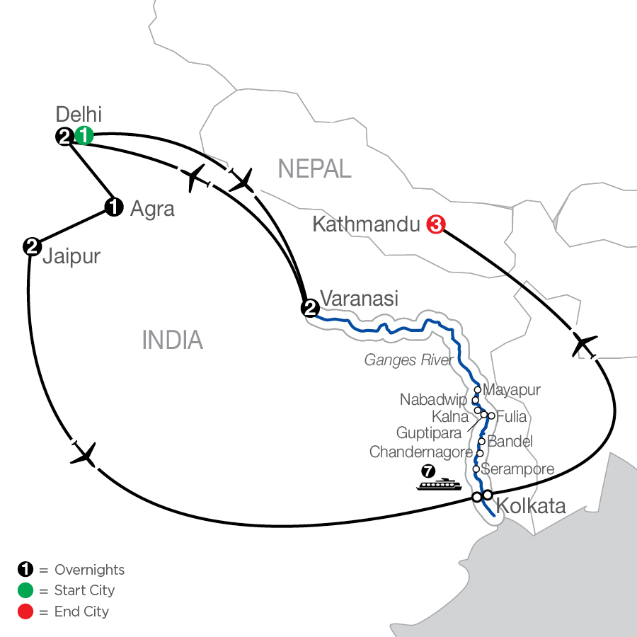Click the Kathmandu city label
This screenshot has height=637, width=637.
[366, 225]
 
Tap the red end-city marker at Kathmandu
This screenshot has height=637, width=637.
[436, 225]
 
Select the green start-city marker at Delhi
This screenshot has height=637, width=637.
[84, 136]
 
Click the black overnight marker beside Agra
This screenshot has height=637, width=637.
[113, 207]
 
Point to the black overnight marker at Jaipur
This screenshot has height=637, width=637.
[31, 246]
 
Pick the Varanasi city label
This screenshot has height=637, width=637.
[359, 298]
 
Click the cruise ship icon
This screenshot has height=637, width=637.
[438, 484]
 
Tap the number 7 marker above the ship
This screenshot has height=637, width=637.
[427, 470]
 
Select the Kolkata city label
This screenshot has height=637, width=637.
[531, 506]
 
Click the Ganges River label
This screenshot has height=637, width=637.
[408, 360]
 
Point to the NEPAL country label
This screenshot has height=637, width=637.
[314, 168]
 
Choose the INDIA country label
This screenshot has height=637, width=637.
[173, 340]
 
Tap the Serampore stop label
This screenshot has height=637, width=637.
[517, 469]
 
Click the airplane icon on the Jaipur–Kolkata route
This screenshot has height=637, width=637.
[84, 453]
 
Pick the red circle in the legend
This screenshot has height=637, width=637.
[25, 611]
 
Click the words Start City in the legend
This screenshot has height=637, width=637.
[84, 590]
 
